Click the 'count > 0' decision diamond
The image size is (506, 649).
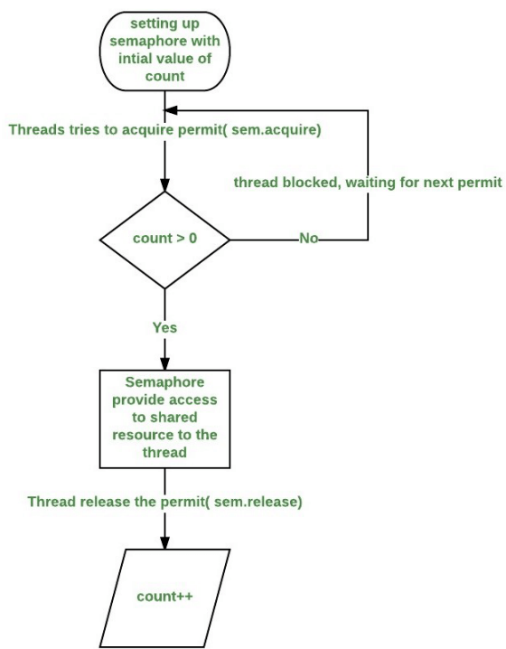tap(164, 240)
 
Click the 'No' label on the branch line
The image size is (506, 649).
tap(309, 238)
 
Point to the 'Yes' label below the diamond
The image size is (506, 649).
tap(164, 327)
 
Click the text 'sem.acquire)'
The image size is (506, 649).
tap(276, 130)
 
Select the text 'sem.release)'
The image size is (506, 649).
tap(258, 502)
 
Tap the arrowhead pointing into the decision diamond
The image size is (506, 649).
tap(164, 185)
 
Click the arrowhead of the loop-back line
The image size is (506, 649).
tap(171, 110)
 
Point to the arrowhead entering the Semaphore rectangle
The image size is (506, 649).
tap(164, 363)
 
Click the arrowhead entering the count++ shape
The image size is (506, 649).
tap(164, 542)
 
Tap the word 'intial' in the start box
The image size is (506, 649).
tap(136, 59)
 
